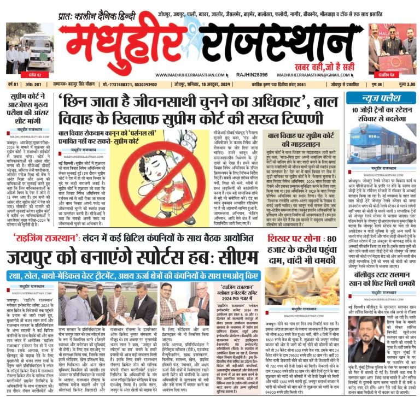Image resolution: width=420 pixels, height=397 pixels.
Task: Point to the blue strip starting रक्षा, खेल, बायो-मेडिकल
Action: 132,276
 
